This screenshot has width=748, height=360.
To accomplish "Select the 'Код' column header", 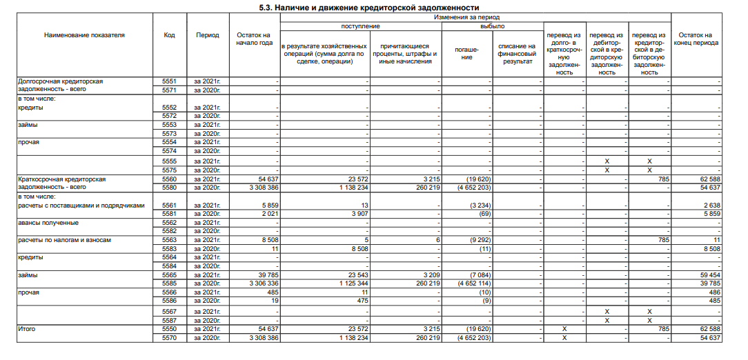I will pyautogui.click(x=169, y=35).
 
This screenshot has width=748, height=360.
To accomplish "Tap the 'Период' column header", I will pyautogui.click(x=207, y=35).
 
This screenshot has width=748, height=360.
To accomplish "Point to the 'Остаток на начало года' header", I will pyautogui.click(x=254, y=39).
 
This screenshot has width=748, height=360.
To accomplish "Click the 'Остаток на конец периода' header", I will pyautogui.click(x=696, y=39).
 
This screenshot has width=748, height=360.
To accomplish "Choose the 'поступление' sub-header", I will pyautogui.click(x=361, y=26).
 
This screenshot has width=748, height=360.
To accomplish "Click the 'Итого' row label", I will pyautogui.click(x=26, y=330).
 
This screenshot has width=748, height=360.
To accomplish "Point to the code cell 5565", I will pyautogui.click(x=169, y=274).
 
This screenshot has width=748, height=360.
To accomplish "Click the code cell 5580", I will pyautogui.click(x=169, y=187).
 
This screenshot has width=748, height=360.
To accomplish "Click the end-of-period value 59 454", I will pyautogui.click(x=707, y=274).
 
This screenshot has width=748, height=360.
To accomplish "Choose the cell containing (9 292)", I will pyautogui.click(x=478, y=240).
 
